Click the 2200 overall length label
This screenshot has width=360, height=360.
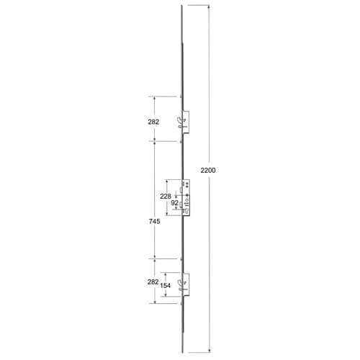click(208, 171)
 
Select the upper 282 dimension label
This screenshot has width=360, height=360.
click(153, 122)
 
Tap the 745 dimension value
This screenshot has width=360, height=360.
click(154, 221)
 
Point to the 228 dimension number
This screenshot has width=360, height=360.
click(166, 197)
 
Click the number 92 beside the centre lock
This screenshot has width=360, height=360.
click(175, 203)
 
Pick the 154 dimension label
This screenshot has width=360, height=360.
click(166, 286)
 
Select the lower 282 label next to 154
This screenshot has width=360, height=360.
click(153, 282)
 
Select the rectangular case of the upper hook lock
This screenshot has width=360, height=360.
click(186, 122)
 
